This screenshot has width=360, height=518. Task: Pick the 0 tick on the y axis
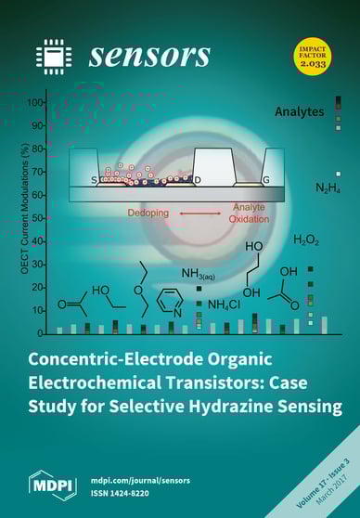click(x=44, y=332)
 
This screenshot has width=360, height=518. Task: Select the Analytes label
click(x=299, y=111)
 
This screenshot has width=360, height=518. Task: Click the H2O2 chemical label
click(x=306, y=240)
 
